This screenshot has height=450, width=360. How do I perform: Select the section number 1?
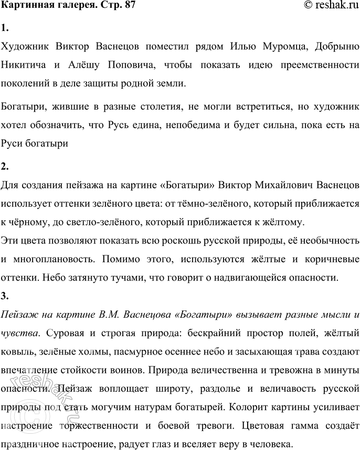click(5, 28)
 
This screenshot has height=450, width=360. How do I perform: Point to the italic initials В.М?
click(109, 316)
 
